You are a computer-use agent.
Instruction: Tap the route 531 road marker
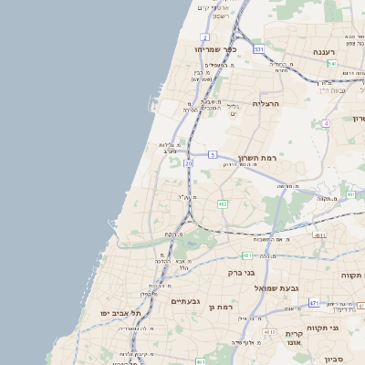[259, 48]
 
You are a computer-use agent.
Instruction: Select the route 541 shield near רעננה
[333, 64]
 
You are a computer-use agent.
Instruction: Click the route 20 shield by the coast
[188, 162]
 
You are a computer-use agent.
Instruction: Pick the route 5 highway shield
[213, 155]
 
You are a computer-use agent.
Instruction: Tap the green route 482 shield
[222, 203]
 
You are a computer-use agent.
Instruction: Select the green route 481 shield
[246, 255]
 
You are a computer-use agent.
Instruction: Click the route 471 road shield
[313, 302]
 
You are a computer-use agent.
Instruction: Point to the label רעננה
[323, 53]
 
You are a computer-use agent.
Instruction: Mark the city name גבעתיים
[186, 300]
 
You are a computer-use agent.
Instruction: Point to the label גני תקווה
[347, 328]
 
